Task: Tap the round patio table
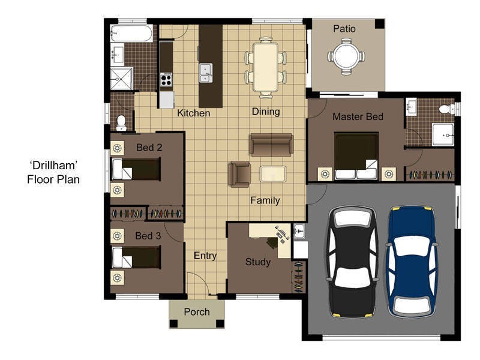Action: point(346,56)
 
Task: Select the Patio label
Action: point(344,29)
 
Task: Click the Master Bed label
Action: point(358,116)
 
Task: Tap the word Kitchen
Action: point(193,113)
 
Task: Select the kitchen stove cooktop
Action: point(166,79)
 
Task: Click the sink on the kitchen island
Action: point(206,72)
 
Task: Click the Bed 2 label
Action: point(149,146)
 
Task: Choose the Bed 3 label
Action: point(148,236)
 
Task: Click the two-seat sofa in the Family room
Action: point(271,145)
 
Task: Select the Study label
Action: point(258,262)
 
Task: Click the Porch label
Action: point(197,311)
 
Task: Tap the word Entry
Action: point(205,256)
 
